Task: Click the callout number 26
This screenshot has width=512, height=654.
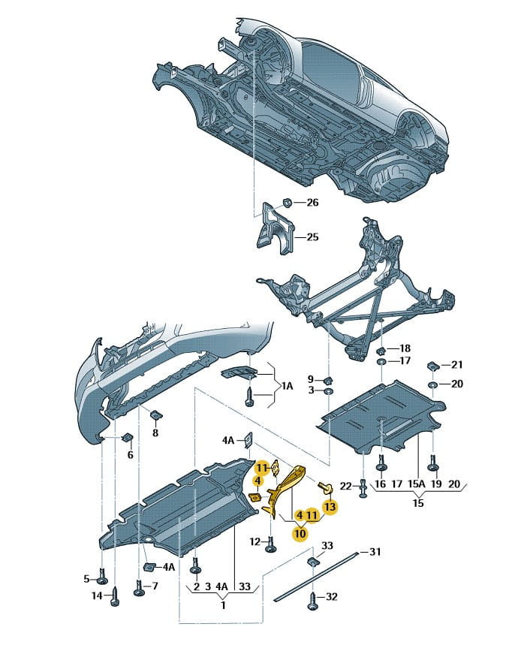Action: coord(312,203)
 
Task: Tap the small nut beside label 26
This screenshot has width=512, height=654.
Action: coord(288,203)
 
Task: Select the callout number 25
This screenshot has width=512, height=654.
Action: coord(312,237)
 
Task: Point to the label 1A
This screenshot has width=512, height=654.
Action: coord(288,386)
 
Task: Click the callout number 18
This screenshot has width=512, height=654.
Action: coord(405,348)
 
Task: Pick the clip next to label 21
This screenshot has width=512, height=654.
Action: coord(432,366)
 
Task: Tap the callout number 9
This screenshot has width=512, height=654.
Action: coord(311,379)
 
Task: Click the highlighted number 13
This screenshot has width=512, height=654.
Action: coord(330,507)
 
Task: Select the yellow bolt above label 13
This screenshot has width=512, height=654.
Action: coord(324,487)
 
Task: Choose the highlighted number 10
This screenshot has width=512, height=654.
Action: coord(300,533)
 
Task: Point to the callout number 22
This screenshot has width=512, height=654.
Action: coord(345,486)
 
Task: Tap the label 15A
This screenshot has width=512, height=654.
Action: coord(416,484)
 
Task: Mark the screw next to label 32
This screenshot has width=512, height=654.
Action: coord(313,599)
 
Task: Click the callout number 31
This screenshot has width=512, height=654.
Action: coord(375,552)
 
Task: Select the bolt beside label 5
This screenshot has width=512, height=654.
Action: coord(102,577)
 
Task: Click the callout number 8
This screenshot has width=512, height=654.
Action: coord(155,433)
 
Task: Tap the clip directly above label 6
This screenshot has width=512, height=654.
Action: coord(127,438)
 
